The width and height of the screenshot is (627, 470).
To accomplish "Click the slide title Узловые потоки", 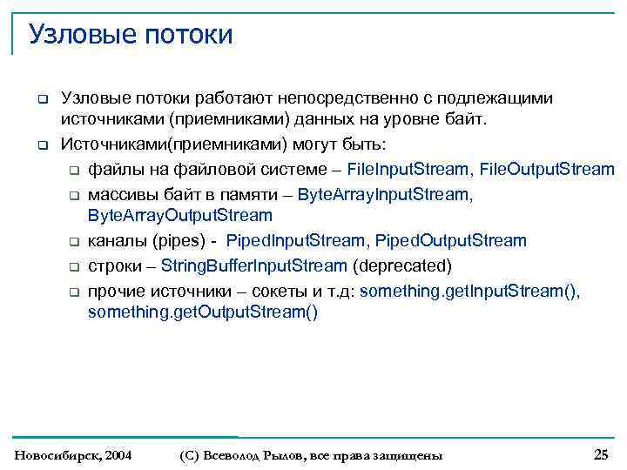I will pyautogui.click(x=131, y=35).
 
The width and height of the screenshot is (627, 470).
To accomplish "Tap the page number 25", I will pyautogui.click(x=601, y=454).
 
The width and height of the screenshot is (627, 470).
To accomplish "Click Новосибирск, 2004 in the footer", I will pyautogui.click(x=74, y=455).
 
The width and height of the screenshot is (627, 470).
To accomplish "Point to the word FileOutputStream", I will pyautogui.click(x=547, y=168).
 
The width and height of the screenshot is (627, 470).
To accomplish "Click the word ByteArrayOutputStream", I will pyautogui.click(x=180, y=215).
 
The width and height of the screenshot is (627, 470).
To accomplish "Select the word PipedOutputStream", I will pyautogui.click(x=451, y=240).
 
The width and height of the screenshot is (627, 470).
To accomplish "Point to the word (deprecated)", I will pyautogui.click(x=401, y=265).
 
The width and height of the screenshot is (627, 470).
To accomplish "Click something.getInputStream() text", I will pyautogui.click(x=469, y=291).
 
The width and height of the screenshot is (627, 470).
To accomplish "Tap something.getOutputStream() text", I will pyautogui.click(x=203, y=312).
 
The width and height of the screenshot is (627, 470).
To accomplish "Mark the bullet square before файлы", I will pyautogui.click(x=75, y=170).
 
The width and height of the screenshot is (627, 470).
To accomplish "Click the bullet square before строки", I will pyautogui.click(x=75, y=267).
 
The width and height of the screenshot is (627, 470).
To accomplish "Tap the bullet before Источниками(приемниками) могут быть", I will pyautogui.click(x=41, y=144).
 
